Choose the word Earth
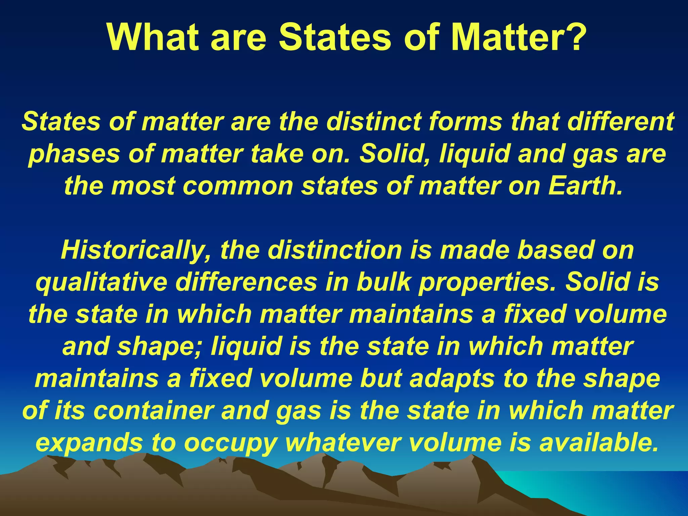585,185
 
